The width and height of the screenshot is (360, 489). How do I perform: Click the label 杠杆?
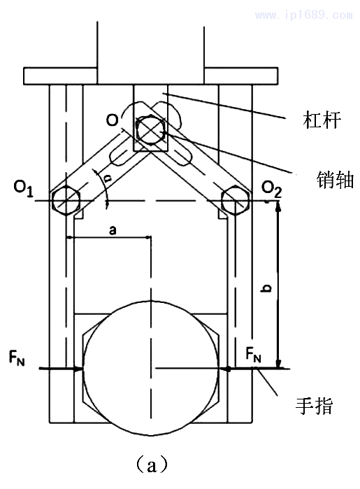click(x=322, y=121)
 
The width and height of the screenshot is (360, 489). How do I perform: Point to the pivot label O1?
click(x=23, y=188)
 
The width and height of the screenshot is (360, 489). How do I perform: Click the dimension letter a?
click(x=112, y=229)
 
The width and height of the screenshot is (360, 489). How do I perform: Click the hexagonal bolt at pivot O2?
click(x=235, y=200)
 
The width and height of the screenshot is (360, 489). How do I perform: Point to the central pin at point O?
click(x=151, y=130)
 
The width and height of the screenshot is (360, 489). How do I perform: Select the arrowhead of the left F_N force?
click(x=78, y=368)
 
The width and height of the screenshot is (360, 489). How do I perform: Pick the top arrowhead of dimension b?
click(x=279, y=205)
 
